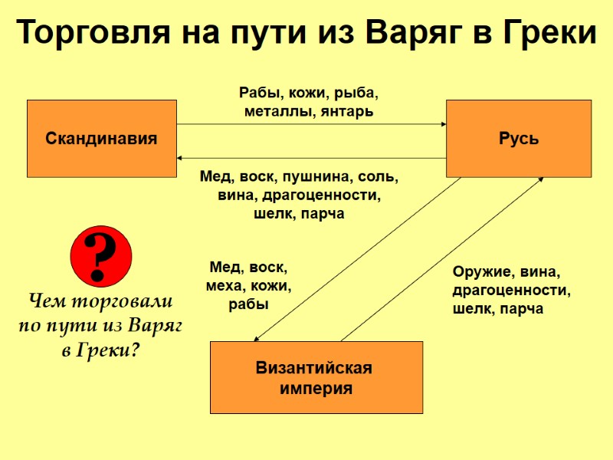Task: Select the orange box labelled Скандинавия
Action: [102, 139]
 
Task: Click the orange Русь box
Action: [519, 139]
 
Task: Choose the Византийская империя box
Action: [316, 377]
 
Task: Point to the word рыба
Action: [357, 94]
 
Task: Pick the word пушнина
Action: [313, 177]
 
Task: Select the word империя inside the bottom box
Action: [316, 389]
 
